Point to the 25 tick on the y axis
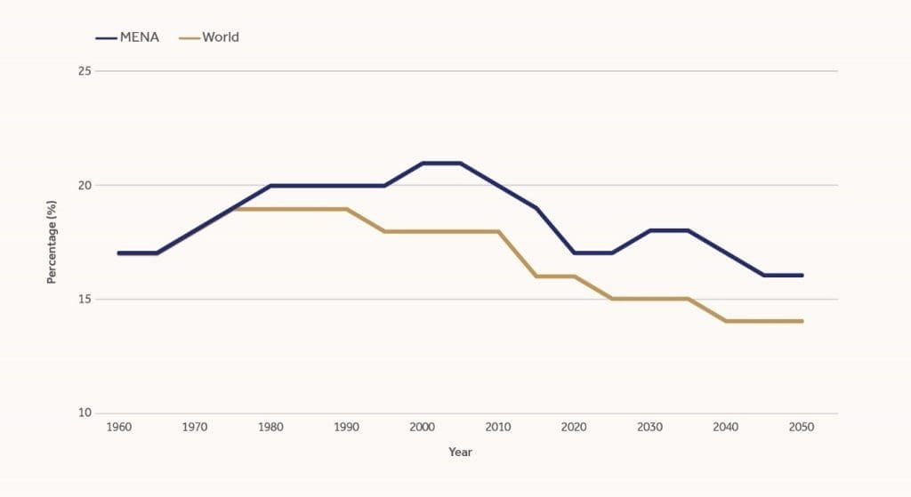pos(85,71)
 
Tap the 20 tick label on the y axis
pos(85,185)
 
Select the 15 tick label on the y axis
pos(85,300)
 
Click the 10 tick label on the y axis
pos(85,413)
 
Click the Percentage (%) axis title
pos(52,242)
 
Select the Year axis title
pos(460,453)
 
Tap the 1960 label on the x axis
pos(118,428)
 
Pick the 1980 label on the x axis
pos(270,428)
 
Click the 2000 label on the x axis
pos(423,428)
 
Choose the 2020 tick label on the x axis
pos(574,428)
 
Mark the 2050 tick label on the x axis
pos(802,428)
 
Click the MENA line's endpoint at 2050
pos(802,276)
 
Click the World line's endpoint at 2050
pos(802,321)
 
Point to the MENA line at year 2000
pos(423,163)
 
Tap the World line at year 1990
pos(346,209)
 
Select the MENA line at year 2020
pos(574,253)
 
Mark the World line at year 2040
pos(726,321)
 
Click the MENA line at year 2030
pos(650,230)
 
